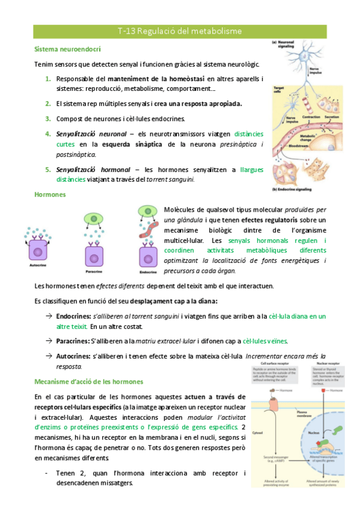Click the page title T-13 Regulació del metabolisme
pyautogui.click(x=180, y=30)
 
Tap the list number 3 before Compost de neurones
pyautogui.click(x=48, y=118)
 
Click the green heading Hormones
pyautogui.click(x=50, y=195)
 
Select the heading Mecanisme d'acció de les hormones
pyautogui.click(x=89, y=381)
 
